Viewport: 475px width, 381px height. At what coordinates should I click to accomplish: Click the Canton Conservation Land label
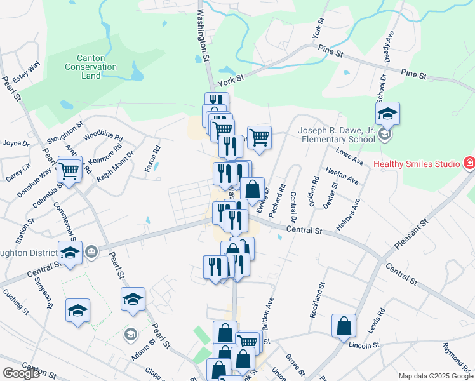(x=91, y=67)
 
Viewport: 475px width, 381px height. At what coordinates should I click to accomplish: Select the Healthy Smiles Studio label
(x=416, y=164)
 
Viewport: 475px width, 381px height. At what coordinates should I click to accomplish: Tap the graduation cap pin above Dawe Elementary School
(x=387, y=115)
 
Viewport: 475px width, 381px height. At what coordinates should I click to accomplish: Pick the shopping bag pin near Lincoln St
(x=344, y=325)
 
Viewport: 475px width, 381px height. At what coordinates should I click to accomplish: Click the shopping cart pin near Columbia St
(x=69, y=170)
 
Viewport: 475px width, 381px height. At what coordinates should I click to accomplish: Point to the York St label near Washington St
(x=231, y=80)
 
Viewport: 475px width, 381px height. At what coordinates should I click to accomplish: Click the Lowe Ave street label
(x=349, y=156)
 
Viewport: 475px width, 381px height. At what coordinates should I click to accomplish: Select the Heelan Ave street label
(x=342, y=176)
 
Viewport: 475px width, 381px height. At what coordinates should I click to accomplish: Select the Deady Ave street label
(x=390, y=46)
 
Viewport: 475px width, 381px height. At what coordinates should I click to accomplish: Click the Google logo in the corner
(x=21, y=373)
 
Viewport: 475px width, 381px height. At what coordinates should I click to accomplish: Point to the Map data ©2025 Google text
(x=435, y=376)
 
